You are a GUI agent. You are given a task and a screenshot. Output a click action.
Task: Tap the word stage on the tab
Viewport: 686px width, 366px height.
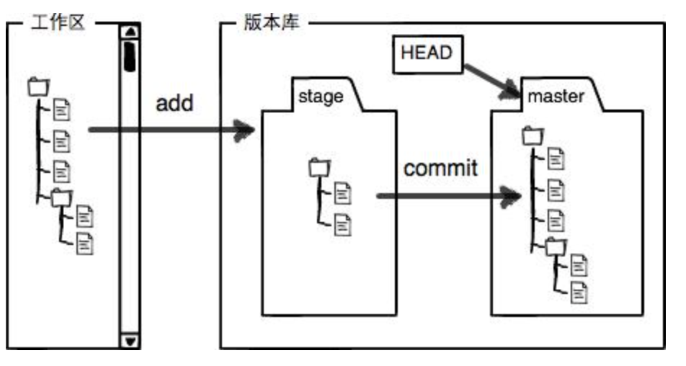pos(321,96)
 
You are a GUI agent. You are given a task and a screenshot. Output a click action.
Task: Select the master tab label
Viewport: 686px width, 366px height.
pos(556,96)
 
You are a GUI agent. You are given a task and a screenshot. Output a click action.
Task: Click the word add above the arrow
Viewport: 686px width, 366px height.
pos(175,102)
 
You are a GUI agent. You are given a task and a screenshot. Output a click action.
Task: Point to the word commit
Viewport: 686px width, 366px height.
pos(440,169)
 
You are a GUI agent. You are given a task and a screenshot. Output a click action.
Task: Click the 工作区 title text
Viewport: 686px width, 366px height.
pos(58,23)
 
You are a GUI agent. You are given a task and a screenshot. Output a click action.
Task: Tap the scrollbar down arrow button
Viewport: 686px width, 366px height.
pos(130,340)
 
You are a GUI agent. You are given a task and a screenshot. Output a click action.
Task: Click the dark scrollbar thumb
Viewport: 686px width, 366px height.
pos(130,56)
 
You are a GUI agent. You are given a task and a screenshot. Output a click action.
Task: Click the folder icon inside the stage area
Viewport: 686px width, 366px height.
pos(318,167)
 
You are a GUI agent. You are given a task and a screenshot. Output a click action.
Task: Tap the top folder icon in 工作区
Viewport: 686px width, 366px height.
pos(37,86)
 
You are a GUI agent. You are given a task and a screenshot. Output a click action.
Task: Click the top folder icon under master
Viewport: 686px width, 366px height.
pos(530,134)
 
